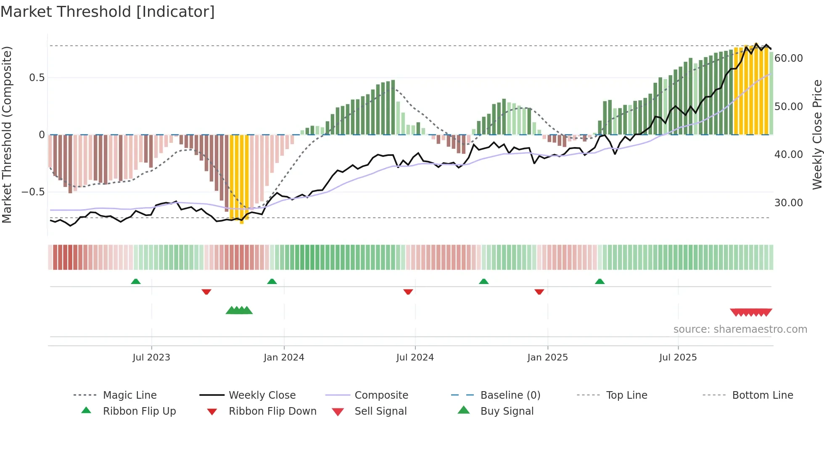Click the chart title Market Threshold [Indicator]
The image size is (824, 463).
(108, 12)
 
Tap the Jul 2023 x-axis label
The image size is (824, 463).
(151, 358)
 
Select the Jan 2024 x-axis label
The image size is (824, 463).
(284, 358)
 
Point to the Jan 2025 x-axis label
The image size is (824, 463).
(547, 358)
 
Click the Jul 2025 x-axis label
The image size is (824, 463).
(678, 358)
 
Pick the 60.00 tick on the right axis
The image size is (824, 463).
(788, 58)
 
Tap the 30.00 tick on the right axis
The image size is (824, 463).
(788, 203)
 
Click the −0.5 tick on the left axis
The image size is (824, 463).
(33, 192)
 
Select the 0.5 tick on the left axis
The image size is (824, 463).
(37, 78)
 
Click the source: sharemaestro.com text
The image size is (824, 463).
(740, 329)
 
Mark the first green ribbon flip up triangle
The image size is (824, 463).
(136, 281)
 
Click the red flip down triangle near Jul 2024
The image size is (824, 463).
(408, 292)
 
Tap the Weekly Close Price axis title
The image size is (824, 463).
(817, 134)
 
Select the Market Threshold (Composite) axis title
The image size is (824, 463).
(7, 134)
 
